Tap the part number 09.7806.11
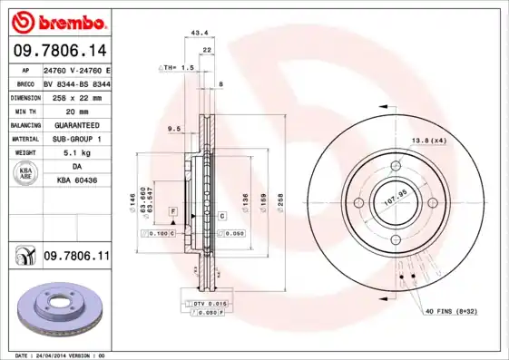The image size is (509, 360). click(76, 258)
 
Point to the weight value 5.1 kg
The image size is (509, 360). click(76, 152)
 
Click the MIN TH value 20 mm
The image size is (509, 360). click(76, 110)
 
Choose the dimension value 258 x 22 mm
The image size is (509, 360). click(76, 96)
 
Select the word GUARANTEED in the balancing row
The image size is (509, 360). click(76, 124)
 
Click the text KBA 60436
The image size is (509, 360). click(76, 180)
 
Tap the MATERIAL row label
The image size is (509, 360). click(24, 139)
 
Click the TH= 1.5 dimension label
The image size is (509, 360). click(179, 68)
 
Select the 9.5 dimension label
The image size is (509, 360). click(174, 130)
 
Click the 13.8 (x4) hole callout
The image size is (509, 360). click(430, 141)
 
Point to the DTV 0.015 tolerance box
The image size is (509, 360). click(208, 302)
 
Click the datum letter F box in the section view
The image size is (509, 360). click(170, 210)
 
